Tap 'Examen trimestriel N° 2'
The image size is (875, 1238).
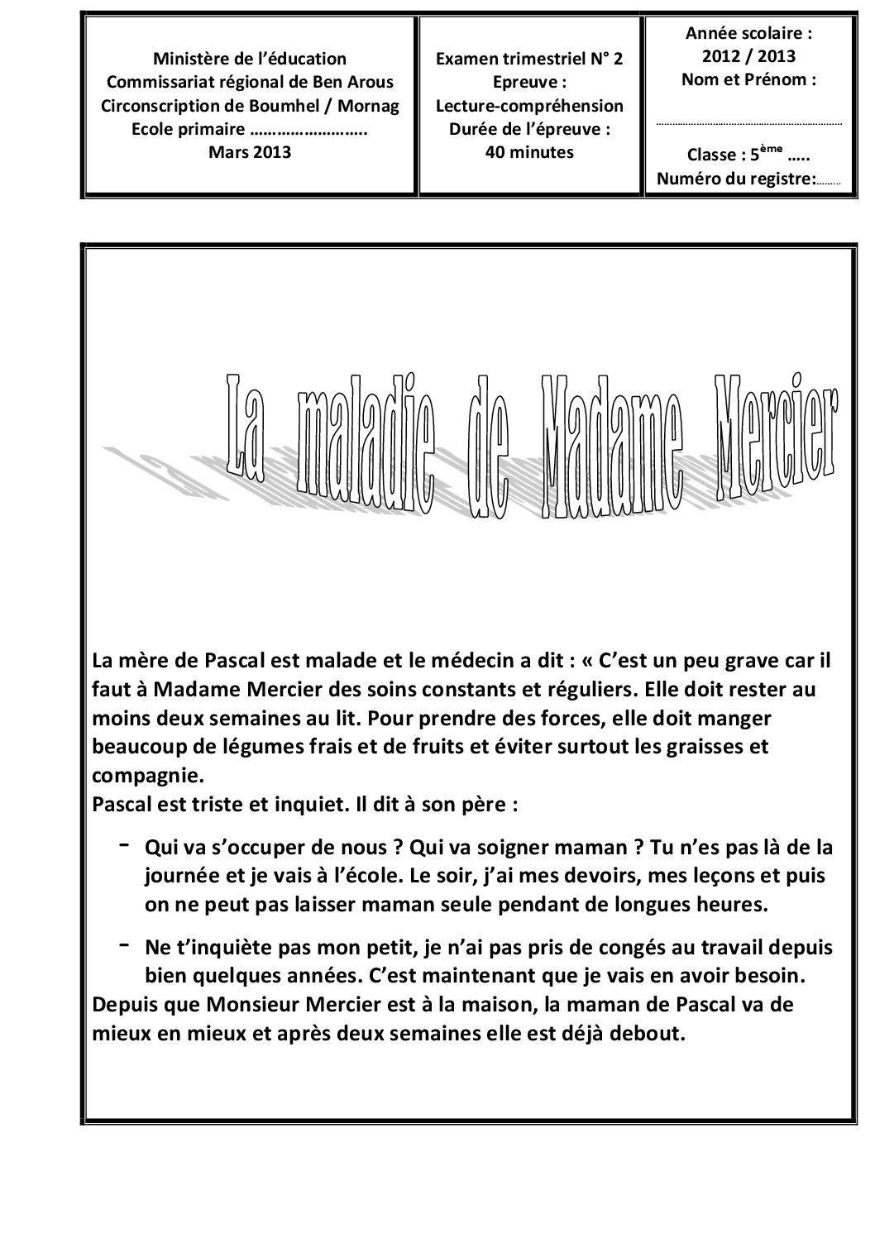(529, 59)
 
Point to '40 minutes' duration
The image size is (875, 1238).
(529, 152)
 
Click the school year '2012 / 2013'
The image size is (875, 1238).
(749, 57)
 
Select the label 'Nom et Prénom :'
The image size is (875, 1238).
(749, 80)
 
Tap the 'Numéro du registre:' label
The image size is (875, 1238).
(735, 179)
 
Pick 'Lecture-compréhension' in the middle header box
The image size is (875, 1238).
(529, 106)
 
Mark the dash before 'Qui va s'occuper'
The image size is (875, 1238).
(123, 844)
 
